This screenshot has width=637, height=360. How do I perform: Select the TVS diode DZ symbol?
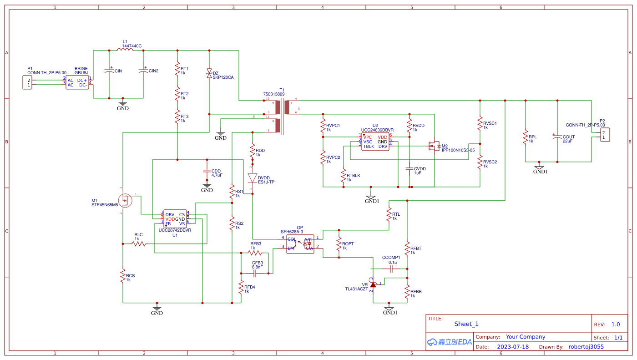click(x=209, y=73)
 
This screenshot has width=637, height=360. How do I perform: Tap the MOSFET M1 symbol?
click(x=125, y=200)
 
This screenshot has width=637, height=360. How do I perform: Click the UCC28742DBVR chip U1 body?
click(x=175, y=218)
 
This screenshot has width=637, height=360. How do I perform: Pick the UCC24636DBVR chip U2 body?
click(x=375, y=142)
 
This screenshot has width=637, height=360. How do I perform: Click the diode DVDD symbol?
click(x=253, y=177)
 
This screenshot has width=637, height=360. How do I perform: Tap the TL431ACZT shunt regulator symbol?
click(x=373, y=284)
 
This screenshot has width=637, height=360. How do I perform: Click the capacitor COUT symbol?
click(x=557, y=137)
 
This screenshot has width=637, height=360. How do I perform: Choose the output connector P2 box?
click(x=605, y=135)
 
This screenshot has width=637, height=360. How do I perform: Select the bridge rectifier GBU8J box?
click(x=77, y=82)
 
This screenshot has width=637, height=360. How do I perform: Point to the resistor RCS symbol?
click(x=122, y=276)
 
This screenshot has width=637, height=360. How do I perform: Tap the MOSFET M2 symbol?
click(x=434, y=146)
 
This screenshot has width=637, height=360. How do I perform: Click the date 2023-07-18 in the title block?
click(x=513, y=346)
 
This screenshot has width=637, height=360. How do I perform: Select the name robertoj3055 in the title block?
click(x=586, y=346)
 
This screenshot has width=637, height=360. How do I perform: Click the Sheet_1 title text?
click(x=466, y=324)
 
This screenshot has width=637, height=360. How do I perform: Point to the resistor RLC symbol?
click(x=139, y=244)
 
